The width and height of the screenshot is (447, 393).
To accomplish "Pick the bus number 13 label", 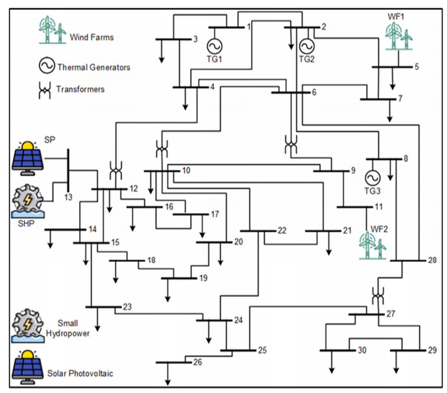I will (x=68, y=197).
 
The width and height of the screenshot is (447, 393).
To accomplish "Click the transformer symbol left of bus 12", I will (x=116, y=171).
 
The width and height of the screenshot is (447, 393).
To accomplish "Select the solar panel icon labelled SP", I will (x=27, y=155).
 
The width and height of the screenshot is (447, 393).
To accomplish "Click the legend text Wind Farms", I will (x=92, y=37).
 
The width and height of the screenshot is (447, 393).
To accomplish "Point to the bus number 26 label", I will (x=198, y=362).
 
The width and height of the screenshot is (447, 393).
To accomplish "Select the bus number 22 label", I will (x=282, y=231).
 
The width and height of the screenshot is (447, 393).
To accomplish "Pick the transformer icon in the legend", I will (x=44, y=90).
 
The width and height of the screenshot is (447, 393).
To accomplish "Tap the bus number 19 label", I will (x=203, y=278).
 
